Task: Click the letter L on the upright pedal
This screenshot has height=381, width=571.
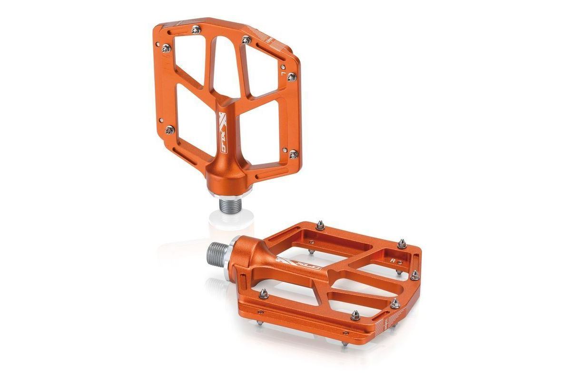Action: tap(284, 74)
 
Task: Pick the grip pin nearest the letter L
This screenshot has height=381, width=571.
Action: tap(291, 77)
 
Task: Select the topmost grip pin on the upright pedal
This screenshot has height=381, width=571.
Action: tap(196, 30)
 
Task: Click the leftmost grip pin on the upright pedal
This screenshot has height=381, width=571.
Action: tap(166, 48)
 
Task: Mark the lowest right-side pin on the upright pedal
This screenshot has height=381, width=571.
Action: tap(293, 154)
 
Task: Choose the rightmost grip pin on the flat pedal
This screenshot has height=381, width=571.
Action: tap(414, 275)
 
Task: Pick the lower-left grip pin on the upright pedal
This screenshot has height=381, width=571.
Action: tap(170, 130)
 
